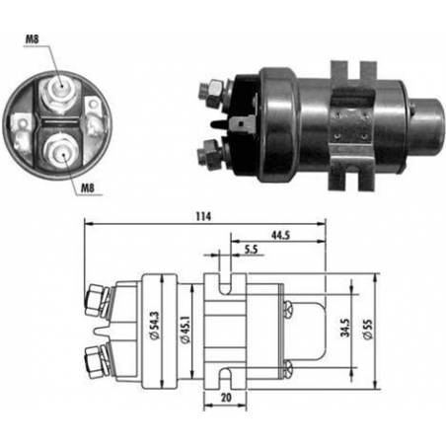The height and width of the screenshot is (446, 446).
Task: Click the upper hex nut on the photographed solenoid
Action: (x=211, y=93)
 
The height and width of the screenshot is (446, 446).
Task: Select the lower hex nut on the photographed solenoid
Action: (x=211, y=152)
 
